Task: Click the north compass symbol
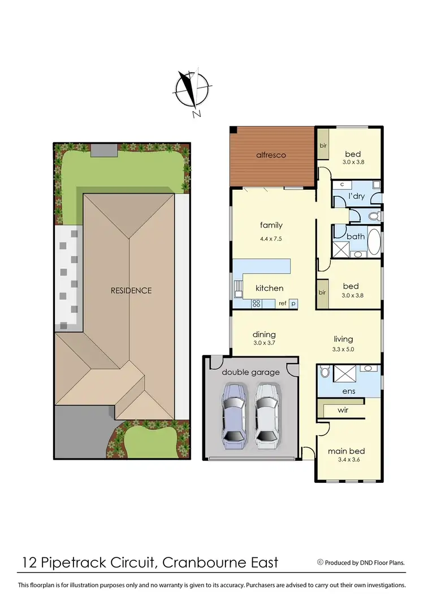[x=193, y=90]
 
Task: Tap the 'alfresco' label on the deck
[x=272, y=155]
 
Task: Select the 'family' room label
[x=271, y=225]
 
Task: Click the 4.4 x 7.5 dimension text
[x=271, y=239]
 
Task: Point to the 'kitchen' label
[x=270, y=288]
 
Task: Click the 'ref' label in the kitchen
[x=282, y=304]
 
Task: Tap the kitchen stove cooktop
[x=256, y=303]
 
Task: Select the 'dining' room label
[x=264, y=334]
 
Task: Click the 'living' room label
[x=343, y=339]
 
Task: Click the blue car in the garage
[x=234, y=415]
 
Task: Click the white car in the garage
[x=267, y=415]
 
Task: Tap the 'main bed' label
[x=347, y=451]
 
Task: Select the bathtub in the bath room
[x=374, y=243]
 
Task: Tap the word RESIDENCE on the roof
[x=131, y=290]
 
